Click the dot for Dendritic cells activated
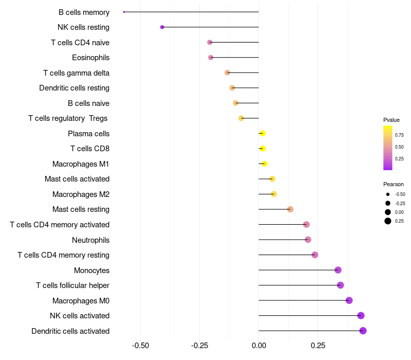(363, 331)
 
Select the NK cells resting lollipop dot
(162, 27)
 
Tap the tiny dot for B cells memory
(124, 12)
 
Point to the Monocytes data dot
(338, 270)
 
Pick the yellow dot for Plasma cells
(263, 133)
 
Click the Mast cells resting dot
(290, 209)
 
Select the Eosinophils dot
(211, 57)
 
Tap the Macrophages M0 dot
(349, 300)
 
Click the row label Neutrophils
(90, 240)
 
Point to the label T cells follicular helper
(72, 285)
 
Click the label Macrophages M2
(81, 194)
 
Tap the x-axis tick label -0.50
(141, 346)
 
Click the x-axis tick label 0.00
(258, 346)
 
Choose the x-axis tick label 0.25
(317, 346)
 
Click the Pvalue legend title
(391, 120)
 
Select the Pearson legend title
(394, 184)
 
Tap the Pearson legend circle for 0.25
(388, 221)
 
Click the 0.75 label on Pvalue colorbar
(399, 136)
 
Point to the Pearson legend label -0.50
(400, 194)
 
